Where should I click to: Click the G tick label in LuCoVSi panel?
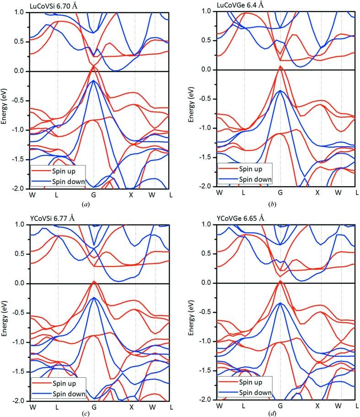pos(93,194)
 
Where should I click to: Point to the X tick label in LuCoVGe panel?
pos(317,192)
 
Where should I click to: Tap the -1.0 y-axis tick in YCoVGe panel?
pos(204,342)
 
